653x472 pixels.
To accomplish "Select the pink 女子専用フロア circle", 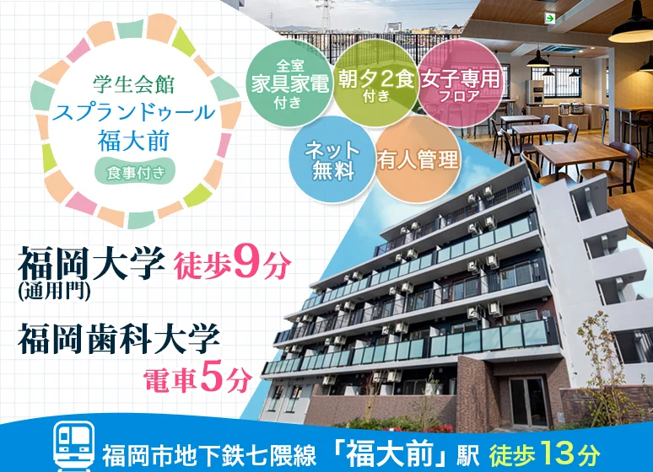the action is click(x=460, y=82).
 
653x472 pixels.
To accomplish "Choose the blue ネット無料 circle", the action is click(x=332, y=160).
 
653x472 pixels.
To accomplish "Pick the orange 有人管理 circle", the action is click(x=418, y=160).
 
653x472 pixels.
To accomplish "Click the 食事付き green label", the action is click(x=135, y=171).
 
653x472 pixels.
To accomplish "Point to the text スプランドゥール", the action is click(x=133, y=112).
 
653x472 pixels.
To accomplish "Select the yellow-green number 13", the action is click(x=555, y=454).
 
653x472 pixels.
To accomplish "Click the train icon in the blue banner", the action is click(x=74, y=447).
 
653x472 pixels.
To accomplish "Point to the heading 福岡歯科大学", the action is click(x=119, y=338).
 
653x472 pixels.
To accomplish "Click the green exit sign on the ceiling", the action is click(x=551, y=19).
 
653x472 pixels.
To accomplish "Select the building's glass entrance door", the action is click(x=528, y=402).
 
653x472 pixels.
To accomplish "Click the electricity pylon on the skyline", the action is click(x=326, y=16).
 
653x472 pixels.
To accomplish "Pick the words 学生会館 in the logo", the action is click(x=133, y=84).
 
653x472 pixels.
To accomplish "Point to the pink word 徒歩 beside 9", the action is click(x=202, y=265).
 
